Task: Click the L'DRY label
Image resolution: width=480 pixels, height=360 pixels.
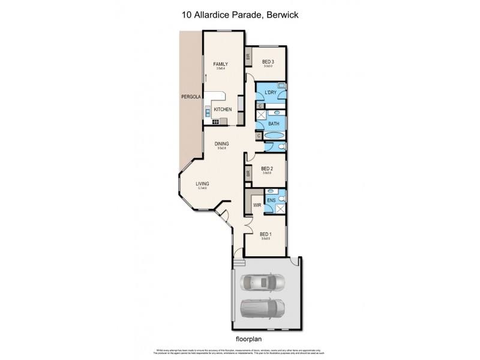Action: coord(271,92)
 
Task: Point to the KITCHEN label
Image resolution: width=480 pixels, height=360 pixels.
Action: coord(223,109)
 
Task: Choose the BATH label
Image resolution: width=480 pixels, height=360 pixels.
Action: coord(274,124)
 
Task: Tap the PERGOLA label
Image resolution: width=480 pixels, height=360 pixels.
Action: coord(191,97)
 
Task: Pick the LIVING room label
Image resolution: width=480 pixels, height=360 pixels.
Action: coord(202,184)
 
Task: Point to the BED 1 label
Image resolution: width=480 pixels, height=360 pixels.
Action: coord(265,235)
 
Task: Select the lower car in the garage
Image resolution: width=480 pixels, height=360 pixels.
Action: coord(263,308)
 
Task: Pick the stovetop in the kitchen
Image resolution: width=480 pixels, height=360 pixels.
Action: coord(215,122)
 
